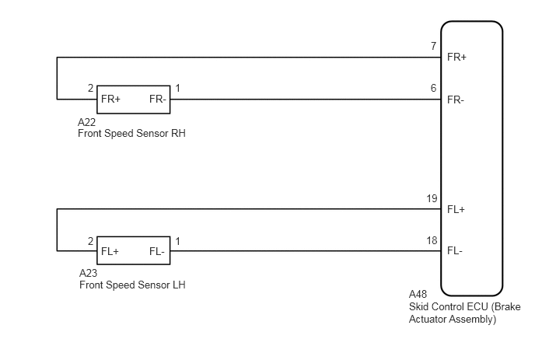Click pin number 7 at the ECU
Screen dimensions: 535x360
(x=433, y=46)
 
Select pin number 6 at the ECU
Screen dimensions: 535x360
(x=433, y=88)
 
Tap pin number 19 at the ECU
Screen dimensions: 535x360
(x=432, y=198)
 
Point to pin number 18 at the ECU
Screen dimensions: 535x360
(x=432, y=240)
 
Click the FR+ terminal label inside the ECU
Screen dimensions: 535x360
(x=456, y=57)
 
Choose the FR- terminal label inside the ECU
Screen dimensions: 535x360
(x=456, y=100)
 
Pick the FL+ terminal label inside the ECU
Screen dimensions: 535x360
(x=456, y=209)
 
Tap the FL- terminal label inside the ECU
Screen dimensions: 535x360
(x=455, y=251)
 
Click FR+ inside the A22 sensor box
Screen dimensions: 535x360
(x=110, y=99)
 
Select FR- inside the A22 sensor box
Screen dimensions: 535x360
(x=157, y=99)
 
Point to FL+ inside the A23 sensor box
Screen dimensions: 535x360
(x=110, y=251)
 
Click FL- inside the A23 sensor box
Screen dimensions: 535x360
(x=156, y=251)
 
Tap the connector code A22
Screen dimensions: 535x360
(x=86, y=122)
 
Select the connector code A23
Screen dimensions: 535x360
(x=88, y=273)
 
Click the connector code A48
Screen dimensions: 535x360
(x=418, y=294)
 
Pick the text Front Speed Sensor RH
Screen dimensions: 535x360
(x=131, y=133)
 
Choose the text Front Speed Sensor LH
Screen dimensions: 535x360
(x=132, y=285)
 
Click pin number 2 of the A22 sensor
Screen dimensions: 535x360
(x=90, y=88)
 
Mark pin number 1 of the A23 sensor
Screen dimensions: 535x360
(x=177, y=241)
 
